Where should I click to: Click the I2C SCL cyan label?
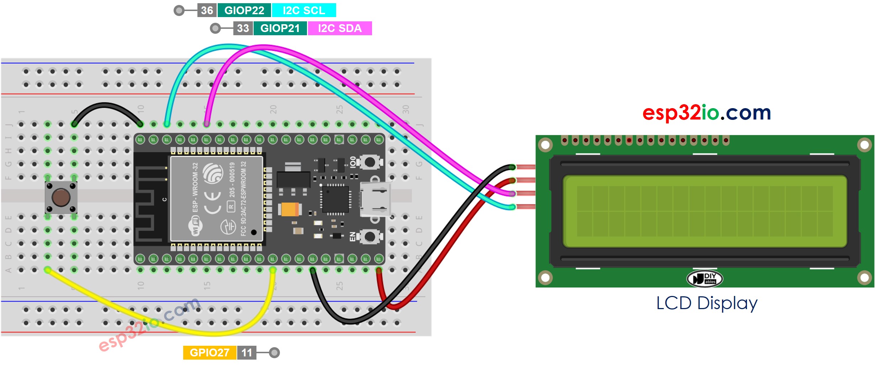(304, 10)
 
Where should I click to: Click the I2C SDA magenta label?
(340, 28)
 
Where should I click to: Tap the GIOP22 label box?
(244, 10)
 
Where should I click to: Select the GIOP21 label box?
(280, 28)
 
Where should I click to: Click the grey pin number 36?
(207, 10)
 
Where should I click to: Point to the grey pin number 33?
(243, 28)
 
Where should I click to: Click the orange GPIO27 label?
(210, 353)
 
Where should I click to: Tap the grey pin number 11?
(246, 353)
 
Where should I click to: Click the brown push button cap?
(61, 197)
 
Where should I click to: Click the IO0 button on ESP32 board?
(370, 162)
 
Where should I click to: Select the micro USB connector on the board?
(375, 199)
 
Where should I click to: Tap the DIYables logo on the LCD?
(705, 279)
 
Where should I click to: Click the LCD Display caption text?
(707, 303)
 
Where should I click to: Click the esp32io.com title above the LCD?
(707, 113)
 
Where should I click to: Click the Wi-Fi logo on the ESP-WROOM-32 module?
(195, 227)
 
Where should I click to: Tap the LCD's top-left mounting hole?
(545, 145)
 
